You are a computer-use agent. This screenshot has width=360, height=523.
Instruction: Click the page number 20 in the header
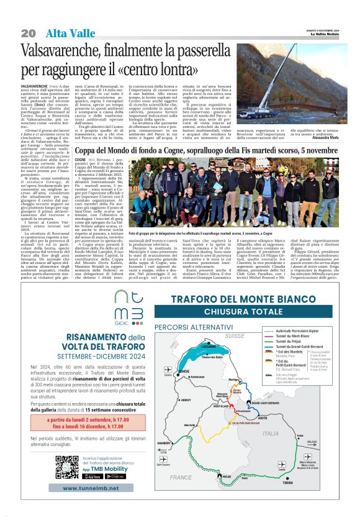[28, 32]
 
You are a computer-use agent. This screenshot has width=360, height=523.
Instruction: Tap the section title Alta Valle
[65, 32]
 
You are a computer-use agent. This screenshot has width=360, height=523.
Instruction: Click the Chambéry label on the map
[163, 443]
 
